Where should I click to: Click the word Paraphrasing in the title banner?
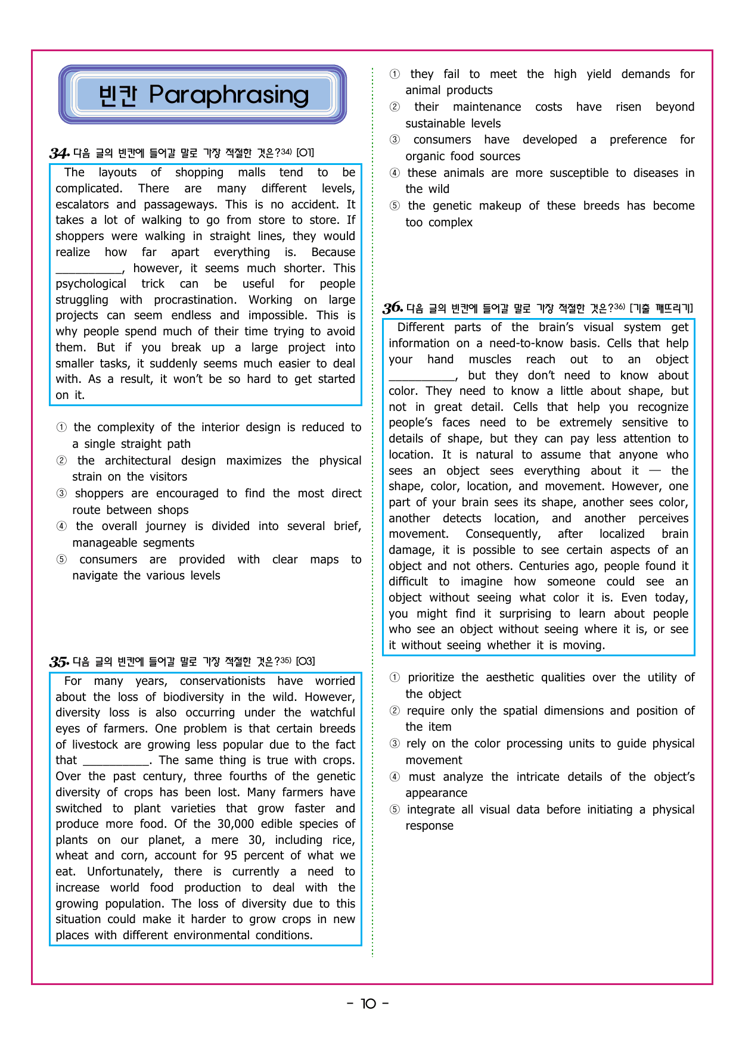229,95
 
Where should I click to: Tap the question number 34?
58,154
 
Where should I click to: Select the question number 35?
58,662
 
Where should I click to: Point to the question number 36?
392,308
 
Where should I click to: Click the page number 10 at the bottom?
368,1004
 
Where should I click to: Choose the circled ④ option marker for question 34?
61,526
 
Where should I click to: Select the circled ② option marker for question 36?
395,711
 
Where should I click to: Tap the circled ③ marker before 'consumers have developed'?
395,140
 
